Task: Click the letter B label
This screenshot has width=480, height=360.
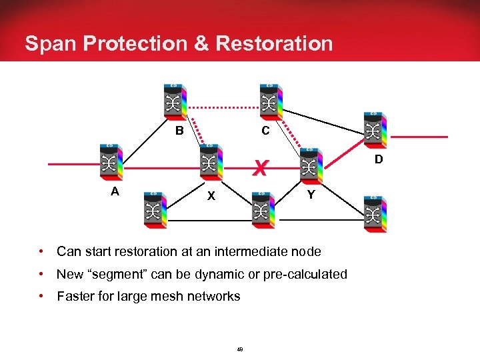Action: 179,131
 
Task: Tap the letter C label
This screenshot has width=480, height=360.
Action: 265,131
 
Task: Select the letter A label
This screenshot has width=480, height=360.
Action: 115,191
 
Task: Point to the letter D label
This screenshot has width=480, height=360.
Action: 378,160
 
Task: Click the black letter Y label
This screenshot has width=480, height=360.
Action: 311,195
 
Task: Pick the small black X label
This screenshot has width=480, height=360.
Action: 211,196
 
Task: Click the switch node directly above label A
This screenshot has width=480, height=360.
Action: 109,162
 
